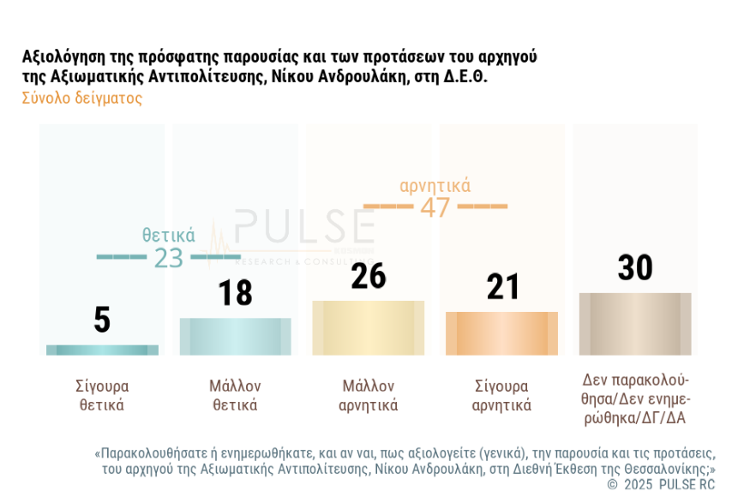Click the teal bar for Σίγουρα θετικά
point(102,350)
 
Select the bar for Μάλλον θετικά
point(235,336)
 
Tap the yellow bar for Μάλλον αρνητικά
point(368,327)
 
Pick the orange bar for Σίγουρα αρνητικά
point(501,333)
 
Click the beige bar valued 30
point(635,324)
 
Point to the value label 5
point(102,320)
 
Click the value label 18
point(235,292)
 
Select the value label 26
point(369,276)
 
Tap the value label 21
point(502,287)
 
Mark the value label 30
point(635,267)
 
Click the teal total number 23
point(169,257)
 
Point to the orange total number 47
point(435,207)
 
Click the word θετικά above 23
point(169,235)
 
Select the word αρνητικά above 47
point(435,185)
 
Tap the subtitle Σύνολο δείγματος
point(82,98)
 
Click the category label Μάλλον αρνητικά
point(369,395)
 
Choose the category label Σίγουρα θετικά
point(102,395)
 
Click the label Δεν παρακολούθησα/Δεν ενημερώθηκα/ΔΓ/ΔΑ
point(635,398)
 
